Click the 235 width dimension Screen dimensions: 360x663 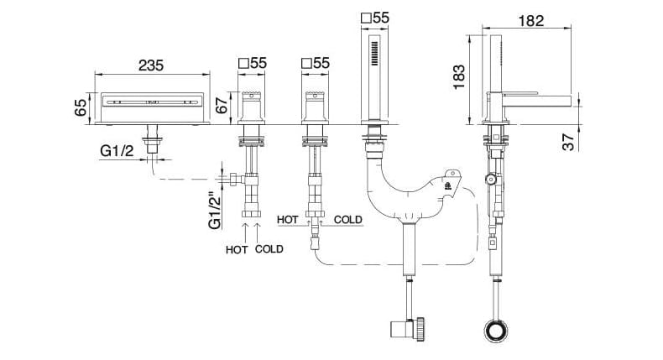(x=149, y=65)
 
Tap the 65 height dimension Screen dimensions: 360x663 (x=81, y=106)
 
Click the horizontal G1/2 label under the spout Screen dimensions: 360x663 (x=117, y=150)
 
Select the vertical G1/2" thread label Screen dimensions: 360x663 (x=216, y=209)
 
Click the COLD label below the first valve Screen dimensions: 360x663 (x=269, y=249)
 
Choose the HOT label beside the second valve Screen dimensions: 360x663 (x=288, y=220)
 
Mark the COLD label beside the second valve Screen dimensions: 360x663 (x=347, y=220)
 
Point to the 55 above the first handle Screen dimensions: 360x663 (x=258, y=63)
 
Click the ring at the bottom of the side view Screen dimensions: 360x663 (x=494, y=330)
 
